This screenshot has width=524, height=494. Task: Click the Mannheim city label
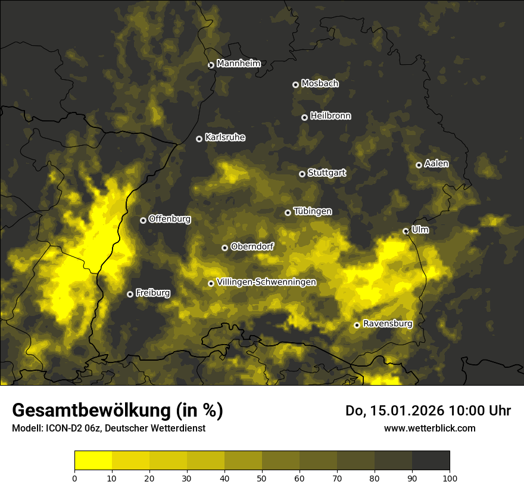(x=239, y=64)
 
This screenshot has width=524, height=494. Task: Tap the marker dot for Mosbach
(x=295, y=85)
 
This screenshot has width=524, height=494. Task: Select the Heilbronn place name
(x=330, y=116)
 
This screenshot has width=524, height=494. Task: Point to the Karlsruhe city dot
(x=199, y=139)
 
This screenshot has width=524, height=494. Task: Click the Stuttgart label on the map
(x=326, y=173)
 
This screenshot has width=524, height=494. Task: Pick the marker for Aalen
(x=419, y=165)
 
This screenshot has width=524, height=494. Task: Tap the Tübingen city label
(x=313, y=211)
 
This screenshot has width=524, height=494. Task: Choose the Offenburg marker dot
(x=143, y=220)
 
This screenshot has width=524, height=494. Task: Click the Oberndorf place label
(x=252, y=246)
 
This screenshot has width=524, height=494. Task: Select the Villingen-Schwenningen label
(x=266, y=282)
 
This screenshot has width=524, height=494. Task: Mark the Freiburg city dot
(x=130, y=294)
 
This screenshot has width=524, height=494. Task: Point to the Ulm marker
(x=406, y=231)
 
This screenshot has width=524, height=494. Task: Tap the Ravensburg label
(x=387, y=324)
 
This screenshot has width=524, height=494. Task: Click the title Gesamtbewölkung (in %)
(x=117, y=410)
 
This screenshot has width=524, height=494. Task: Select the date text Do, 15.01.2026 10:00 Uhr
(x=428, y=411)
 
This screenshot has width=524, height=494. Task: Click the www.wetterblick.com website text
(x=429, y=428)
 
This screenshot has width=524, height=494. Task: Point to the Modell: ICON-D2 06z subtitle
(x=108, y=429)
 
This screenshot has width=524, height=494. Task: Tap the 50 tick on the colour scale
(x=262, y=478)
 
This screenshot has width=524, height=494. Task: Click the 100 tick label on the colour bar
(x=450, y=478)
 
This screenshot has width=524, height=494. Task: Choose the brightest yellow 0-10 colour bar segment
(x=93, y=461)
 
